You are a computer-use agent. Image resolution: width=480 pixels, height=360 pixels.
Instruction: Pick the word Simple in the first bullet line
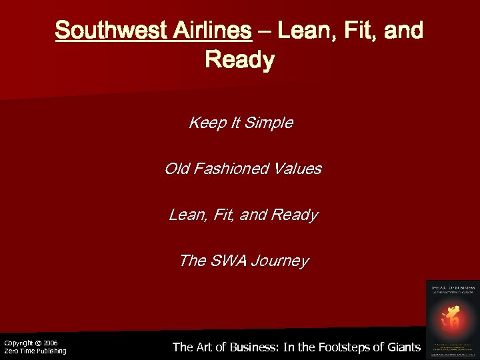coord(270,123)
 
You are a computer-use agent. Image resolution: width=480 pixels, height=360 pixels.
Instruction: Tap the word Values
coord(298,169)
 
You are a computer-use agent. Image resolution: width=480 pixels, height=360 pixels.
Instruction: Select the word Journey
coord(282,261)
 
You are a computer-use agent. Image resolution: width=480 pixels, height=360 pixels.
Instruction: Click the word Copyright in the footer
coord(18,343)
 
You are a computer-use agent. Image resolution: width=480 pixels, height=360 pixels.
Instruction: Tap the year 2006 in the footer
coord(51,343)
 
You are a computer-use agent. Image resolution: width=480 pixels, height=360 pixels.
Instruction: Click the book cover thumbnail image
coord(453,318)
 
